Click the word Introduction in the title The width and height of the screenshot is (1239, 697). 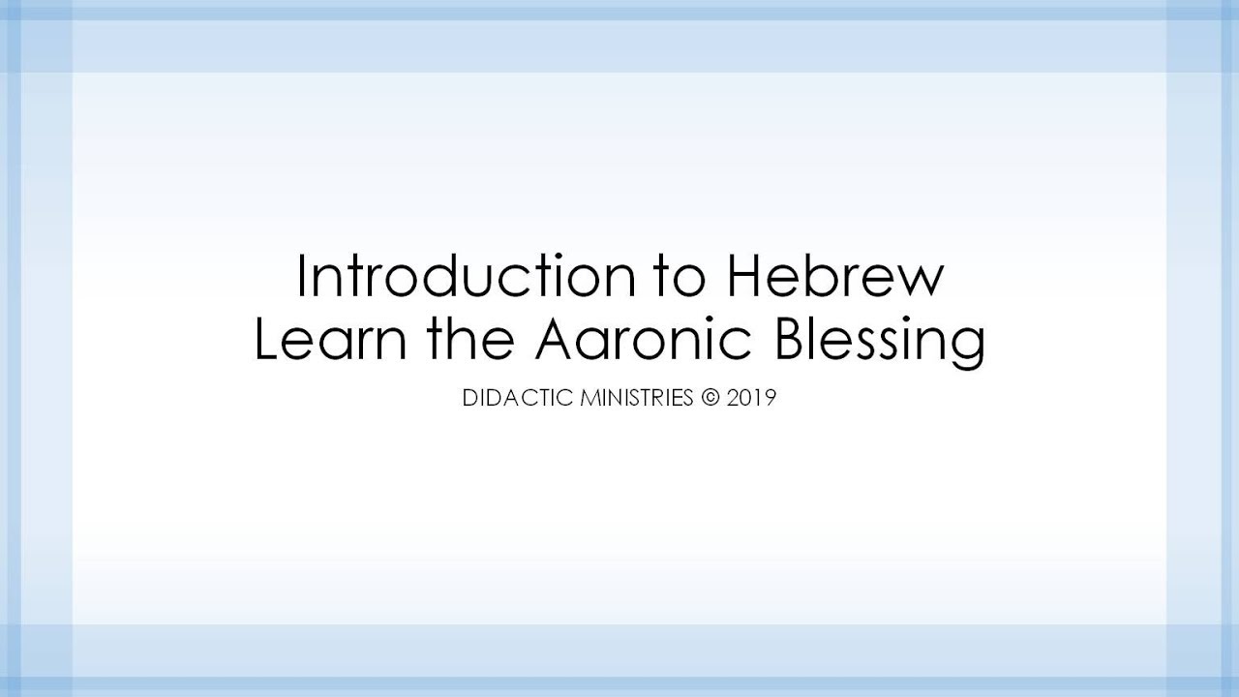pyautogui.click(x=461, y=276)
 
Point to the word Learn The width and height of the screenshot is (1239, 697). pyautogui.click(x=326, y=340)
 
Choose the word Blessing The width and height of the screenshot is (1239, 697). pyautogui.click(x=877, y=342)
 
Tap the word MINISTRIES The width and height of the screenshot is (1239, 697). pyautogui.click(x=634, y=398)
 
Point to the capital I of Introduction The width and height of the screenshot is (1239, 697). pyautogui.click(x=302, y=276)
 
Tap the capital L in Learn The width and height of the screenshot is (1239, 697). pyautogui.click(x=265, y=340)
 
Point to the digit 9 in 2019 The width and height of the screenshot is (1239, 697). pyautogui.click(x=771, y=398)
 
